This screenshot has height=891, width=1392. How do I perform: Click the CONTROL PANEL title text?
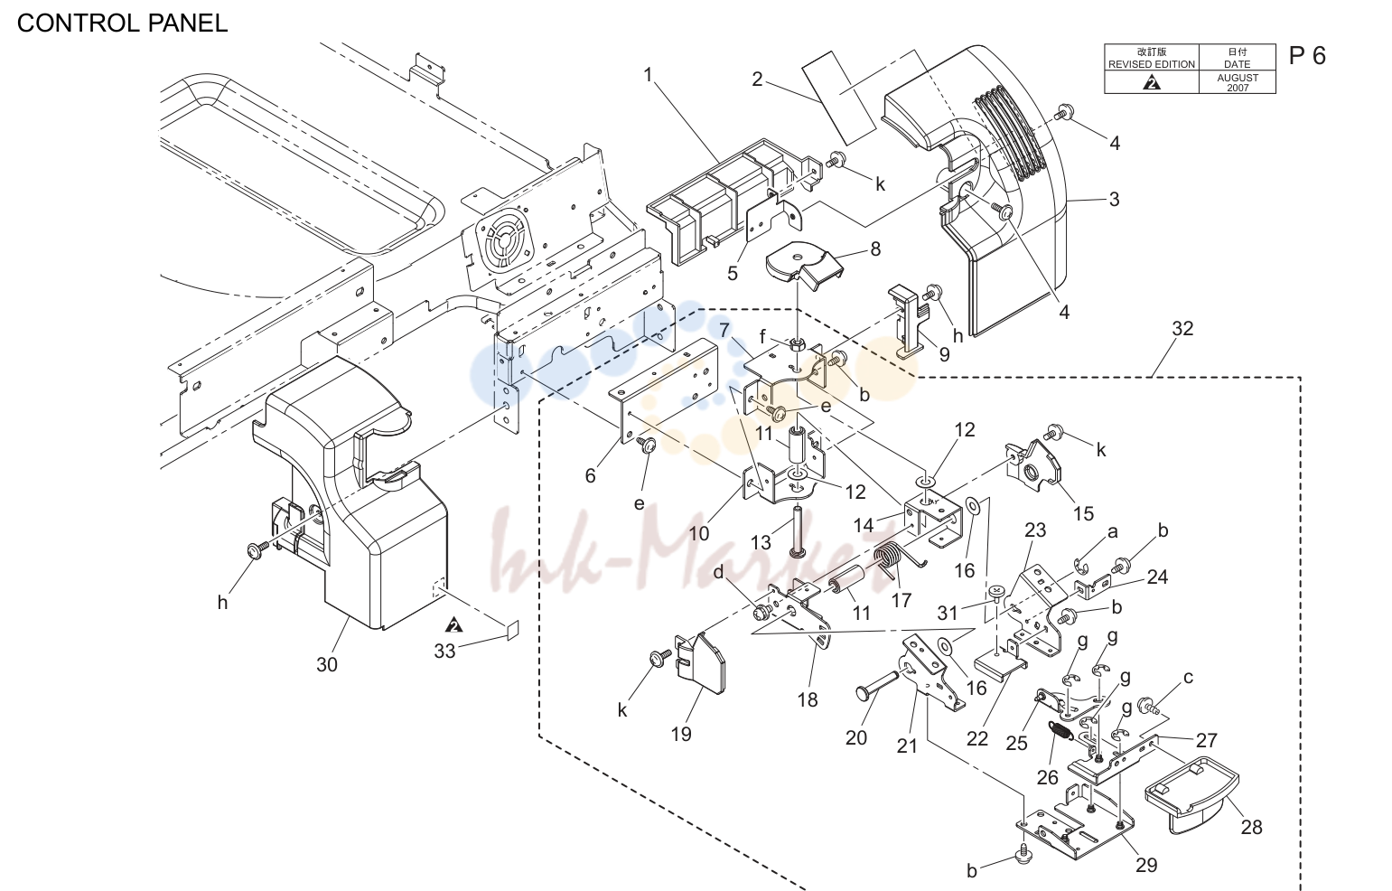tap(123, 23)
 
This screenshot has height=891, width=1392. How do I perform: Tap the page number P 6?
tap(1307, 56)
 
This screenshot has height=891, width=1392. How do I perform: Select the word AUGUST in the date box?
tap(1238, 78)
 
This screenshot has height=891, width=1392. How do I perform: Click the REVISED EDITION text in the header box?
tap(1152, 64)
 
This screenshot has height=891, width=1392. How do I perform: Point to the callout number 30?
tap(327, 665)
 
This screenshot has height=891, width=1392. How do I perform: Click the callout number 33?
tap(445, 651)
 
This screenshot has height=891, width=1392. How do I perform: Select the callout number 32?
tap(1182, 328)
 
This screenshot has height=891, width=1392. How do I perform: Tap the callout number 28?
tap(1252, 827)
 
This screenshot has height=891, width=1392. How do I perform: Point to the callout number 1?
tap(649, 75)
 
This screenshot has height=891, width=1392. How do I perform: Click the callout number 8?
tap(875, 249)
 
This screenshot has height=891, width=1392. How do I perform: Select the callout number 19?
tap(681, 735)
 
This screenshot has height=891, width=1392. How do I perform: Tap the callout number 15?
tap(1083, 513)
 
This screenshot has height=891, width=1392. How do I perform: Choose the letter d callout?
tap(718, 572)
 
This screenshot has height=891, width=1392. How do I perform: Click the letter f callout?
tap(762, 336)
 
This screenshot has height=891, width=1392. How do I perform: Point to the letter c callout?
tap(1188, 678)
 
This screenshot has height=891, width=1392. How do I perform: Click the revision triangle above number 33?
tap(455, 624)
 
